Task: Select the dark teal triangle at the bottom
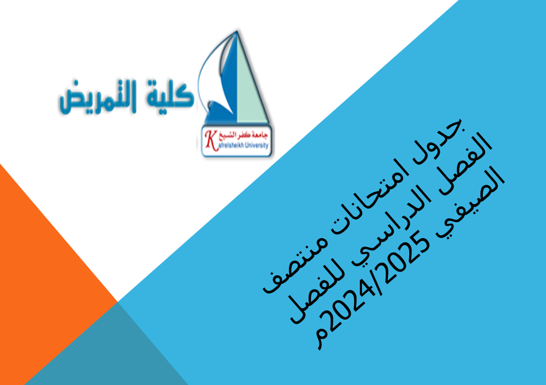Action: (115, 350)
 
